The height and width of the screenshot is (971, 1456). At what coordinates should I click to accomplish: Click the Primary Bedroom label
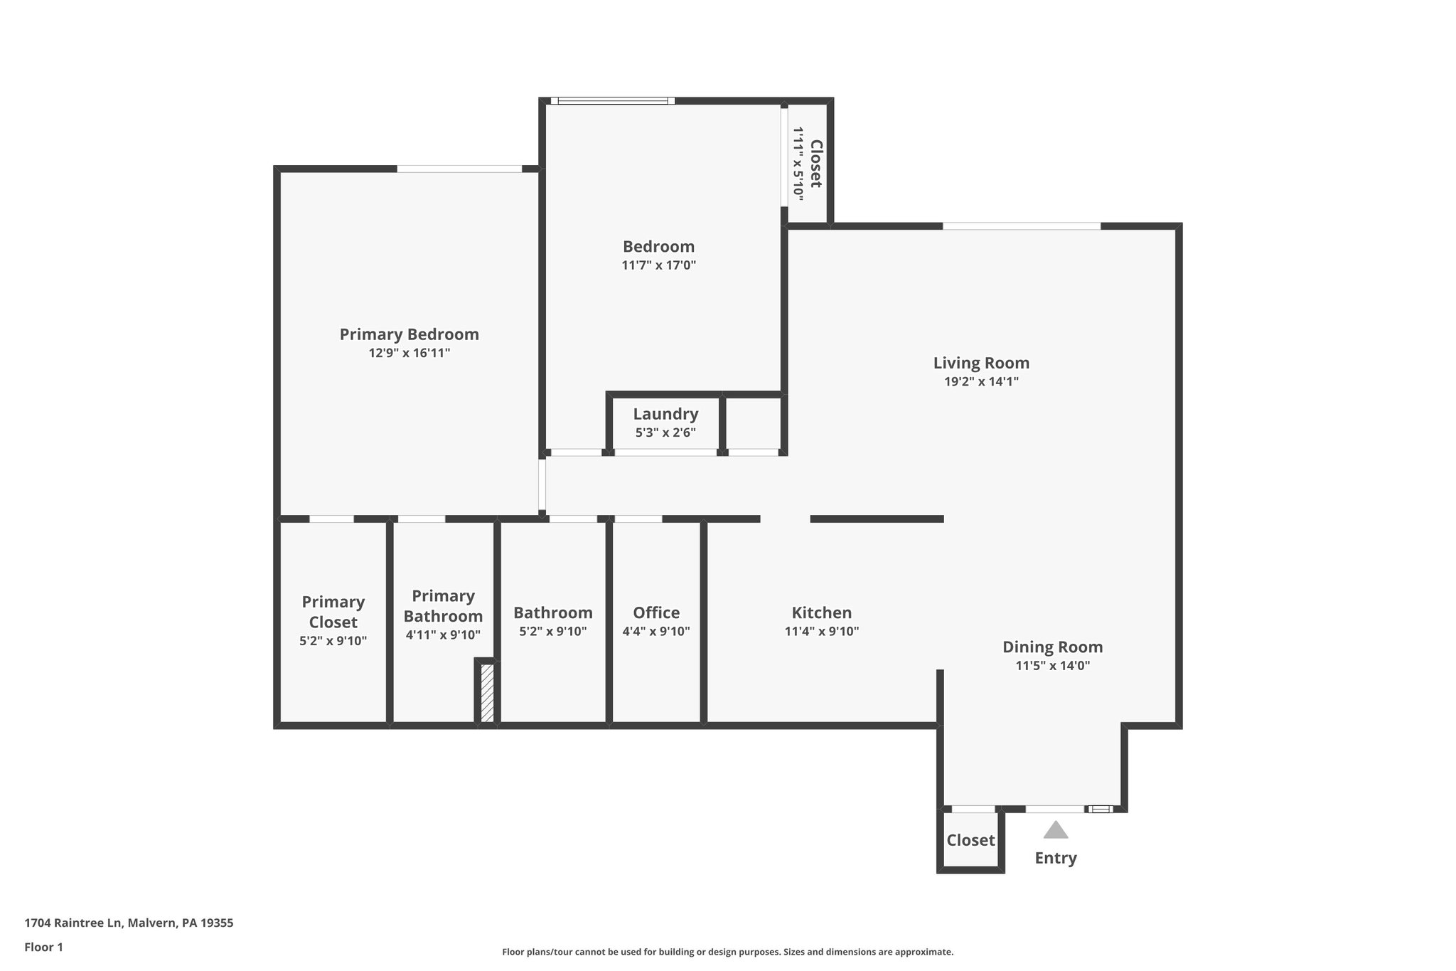pyautogui.click(x=409, y=334)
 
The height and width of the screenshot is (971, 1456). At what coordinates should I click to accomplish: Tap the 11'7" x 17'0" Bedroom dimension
pyautogui.click(x=658, y=265)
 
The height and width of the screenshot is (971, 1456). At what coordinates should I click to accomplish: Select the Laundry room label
pyautogui.click(x=665, y=414)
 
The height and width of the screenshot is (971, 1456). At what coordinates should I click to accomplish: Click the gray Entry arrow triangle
pyautogui.click(x=1056, y=830)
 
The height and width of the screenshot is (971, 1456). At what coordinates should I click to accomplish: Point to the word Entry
pyautogui.click(x=1055, y=858)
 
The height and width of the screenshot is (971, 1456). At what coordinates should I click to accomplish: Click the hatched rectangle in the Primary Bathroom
pyautogui.click(x=487, y=693)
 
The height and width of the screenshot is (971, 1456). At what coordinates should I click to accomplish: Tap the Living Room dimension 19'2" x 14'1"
pyautogui.click(x=981, y=381)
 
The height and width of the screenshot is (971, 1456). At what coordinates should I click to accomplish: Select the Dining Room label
pyautogui.click(x=1052, y=647)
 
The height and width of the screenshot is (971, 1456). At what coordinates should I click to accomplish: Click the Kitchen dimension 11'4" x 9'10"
pyautogui.click(x=822, y=631)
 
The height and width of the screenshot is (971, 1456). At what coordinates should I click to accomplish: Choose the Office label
pyautogui.click(x=656, y=612)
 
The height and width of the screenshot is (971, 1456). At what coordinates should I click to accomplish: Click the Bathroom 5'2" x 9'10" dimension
pyautogui.click(x=552, y=631)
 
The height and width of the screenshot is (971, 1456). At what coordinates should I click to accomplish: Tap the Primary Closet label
pyautogui.click(x=333, y=612)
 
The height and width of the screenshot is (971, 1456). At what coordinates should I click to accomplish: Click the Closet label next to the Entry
pyautogui.click(x=970, y=840)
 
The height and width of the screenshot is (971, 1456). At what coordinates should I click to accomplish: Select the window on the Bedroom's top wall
pyautogui.click(x=612, y=101)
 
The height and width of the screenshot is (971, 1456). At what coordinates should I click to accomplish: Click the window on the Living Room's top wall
pyautogui.click(x=1022, y=226)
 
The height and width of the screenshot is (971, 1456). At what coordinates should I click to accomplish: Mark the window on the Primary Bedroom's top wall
pyautogui.click(x=459, y=169)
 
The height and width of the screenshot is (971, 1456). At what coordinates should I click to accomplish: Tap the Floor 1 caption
pyautogui.click(x=43, y=947)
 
